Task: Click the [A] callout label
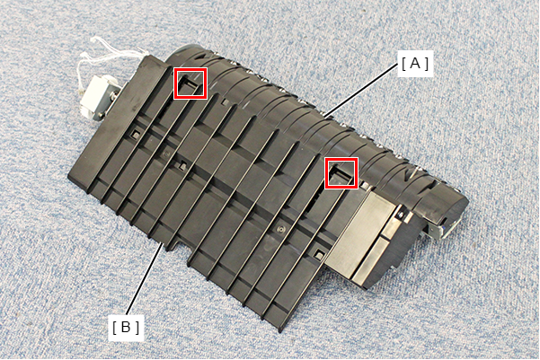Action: point(415,64)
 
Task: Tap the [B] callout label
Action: point(126,328)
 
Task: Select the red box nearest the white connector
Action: point(190,83)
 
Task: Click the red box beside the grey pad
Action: point(341,172)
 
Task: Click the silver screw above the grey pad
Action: point(401,215)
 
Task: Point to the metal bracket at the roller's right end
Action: point(443,230)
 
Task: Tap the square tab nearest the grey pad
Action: point(319,254)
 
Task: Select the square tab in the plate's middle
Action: point(181,167)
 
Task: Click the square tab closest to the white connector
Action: point(133,135)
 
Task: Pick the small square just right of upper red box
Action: point(225,102)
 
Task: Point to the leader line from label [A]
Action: point(360,91)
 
